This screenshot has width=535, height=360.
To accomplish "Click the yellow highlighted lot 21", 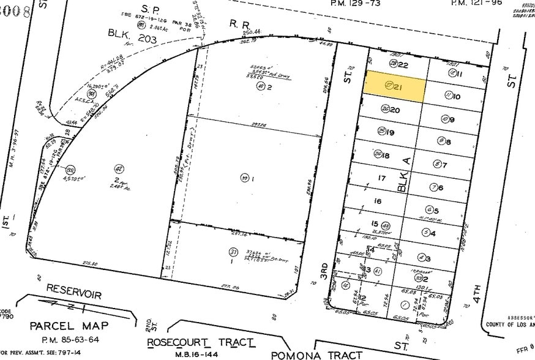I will (x=395, y=87).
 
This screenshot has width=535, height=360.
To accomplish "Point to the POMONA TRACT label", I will (x=316, y=354).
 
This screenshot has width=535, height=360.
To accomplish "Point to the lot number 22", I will (x=403, y=65).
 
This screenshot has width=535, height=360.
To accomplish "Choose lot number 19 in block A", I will (x=389, y=132).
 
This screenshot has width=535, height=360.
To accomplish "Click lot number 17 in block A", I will (x=382, y=179).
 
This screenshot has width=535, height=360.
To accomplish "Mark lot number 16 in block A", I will (x=378, y=201).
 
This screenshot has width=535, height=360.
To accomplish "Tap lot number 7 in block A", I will (x=444, y=165).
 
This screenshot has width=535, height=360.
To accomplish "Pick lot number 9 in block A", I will (x=452, y=120).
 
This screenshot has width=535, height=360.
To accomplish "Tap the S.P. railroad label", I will (x=150, y=8).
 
